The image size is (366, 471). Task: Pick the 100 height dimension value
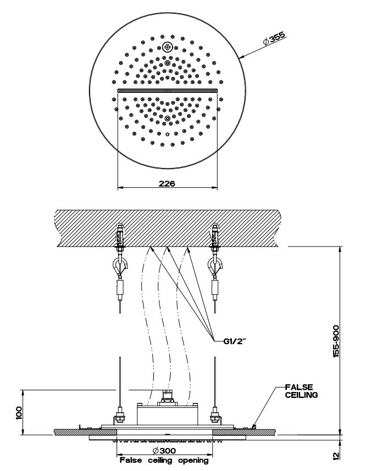[x=19, y=412]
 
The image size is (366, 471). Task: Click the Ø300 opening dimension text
[x=164, y=451]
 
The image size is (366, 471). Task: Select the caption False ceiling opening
[x=164, y=461]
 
